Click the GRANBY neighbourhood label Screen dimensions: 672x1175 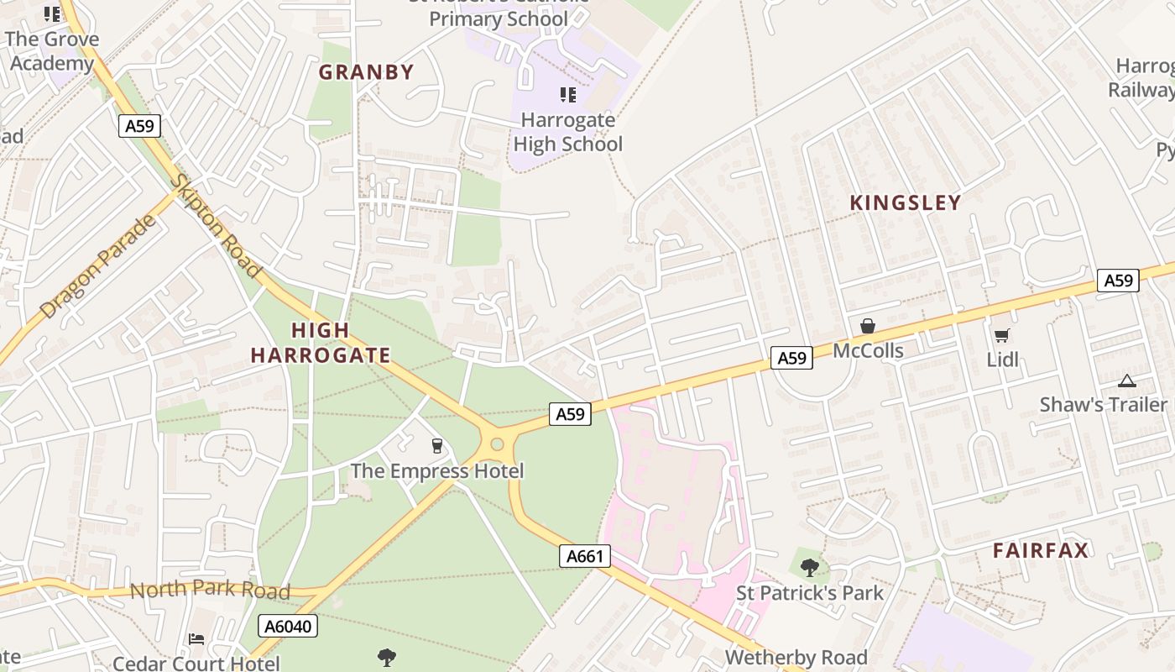tap(366, 72)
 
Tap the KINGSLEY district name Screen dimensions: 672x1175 tap(905, 202)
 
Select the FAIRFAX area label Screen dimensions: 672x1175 tap(1041, 550)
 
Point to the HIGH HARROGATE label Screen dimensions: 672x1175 tap(321, 343)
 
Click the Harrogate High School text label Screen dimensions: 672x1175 tap(567, 132)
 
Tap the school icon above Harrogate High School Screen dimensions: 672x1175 tap(568, 95)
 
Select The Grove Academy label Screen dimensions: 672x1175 tap(52, 51)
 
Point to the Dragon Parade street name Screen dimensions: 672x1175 tap(98, 266)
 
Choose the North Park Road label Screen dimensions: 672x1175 tap(210, 590)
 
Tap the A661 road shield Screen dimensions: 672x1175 tap(584, 556)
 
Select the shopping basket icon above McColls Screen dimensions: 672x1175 tap(868, 326)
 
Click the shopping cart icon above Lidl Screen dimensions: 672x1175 tap(1001, 336)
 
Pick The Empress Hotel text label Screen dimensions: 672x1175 tap(436, 470)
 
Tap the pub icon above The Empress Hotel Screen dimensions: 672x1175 tap(436, 445)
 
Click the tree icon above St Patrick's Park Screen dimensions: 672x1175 tap(810, 568)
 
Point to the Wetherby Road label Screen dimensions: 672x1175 tap(796, 657)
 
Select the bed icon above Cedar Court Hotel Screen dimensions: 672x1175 tap(196, 640)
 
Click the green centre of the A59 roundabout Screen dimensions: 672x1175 tap(497, 444)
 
